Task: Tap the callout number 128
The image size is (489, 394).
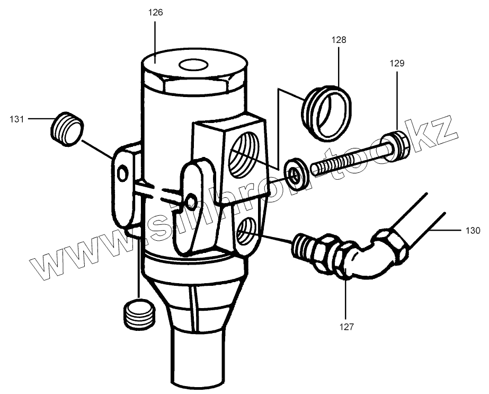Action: click(339, 40)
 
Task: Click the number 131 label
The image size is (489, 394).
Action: click(17, 119)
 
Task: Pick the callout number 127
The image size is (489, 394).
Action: click(346, 327)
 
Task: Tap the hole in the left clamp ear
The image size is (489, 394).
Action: click(123, 173)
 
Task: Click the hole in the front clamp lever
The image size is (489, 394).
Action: click(191, 200)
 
